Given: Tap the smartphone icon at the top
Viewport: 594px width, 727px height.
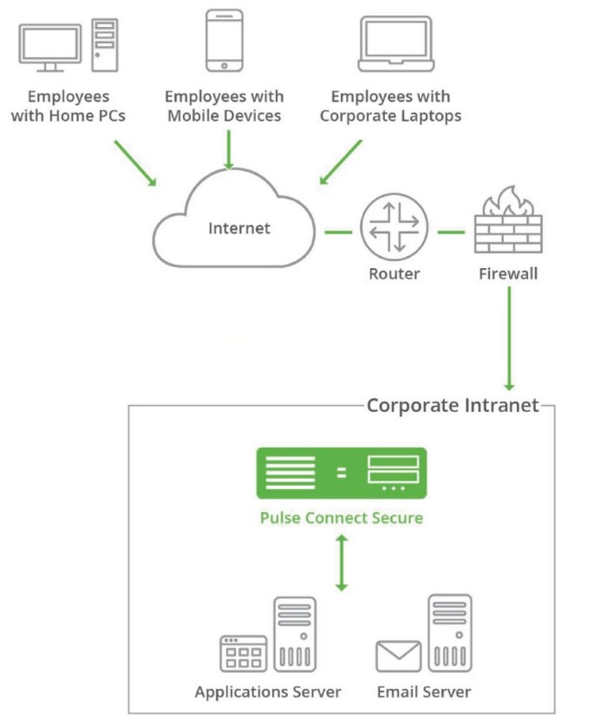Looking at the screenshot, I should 225,40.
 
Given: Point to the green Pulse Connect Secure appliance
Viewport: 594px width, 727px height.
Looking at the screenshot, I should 341,473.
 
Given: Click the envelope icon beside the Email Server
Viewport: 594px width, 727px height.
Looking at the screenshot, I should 398,656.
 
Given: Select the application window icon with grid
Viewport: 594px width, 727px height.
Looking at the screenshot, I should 244,652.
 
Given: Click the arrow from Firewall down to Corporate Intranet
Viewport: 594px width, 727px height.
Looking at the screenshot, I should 509,338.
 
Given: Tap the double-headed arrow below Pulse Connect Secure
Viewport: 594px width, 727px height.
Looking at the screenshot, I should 342,563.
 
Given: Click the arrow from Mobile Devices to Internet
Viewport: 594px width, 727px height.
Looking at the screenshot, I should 229,148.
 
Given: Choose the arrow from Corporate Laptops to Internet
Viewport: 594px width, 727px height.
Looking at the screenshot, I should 341,162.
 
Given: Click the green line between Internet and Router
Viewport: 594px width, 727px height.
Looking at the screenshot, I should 338,232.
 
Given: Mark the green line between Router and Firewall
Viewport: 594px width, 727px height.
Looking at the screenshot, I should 452,232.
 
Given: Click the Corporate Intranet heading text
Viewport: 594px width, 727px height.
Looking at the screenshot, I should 453,406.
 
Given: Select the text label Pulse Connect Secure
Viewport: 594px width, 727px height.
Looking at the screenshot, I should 342,518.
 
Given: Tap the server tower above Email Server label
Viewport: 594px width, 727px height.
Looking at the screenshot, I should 450,633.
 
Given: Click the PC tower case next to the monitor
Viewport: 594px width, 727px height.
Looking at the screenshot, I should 105,45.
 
